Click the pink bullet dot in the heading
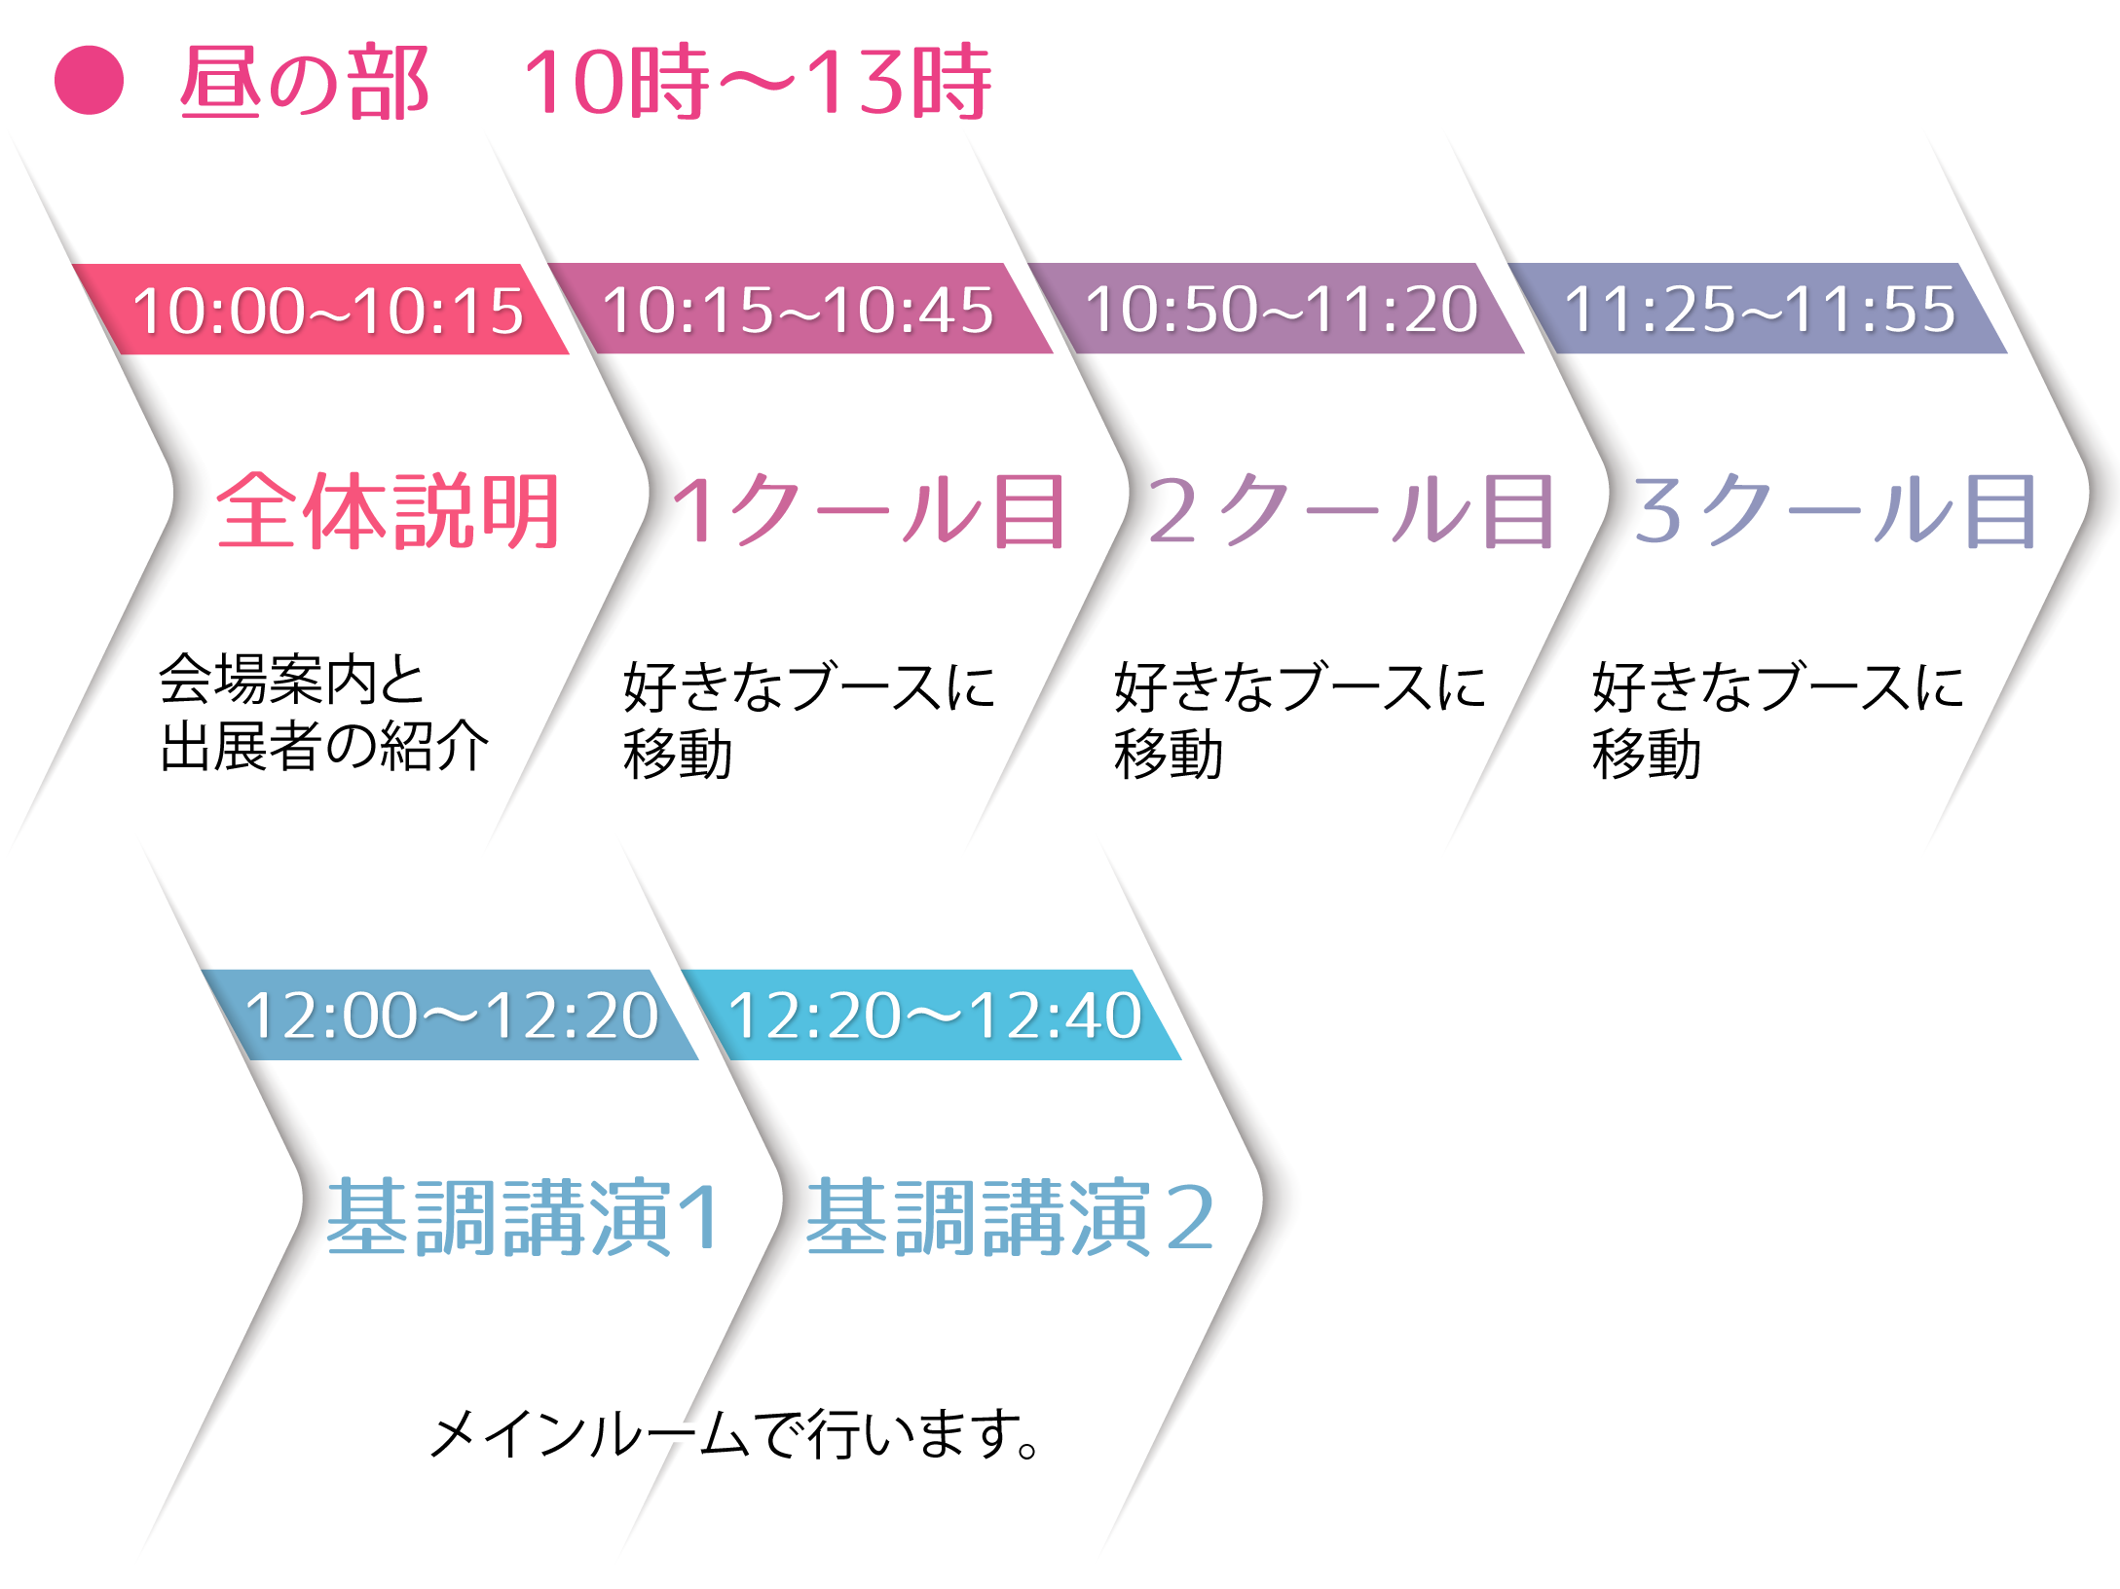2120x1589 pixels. pyautogui.click(x=89, y=80)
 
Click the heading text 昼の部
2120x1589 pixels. pyautogui.click(x=304, y=84)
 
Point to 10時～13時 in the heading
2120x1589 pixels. pyautogui.click(x=758, y=83)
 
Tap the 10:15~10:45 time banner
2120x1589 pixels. pyautogui.click(x=799, y=310)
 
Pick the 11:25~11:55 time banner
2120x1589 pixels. pyautogui.click(x=1759, y=310)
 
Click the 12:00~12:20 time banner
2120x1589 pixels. pyautogui.click(x=452, y=1016)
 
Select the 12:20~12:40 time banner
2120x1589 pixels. pyautogui.click(x=934, y=1016)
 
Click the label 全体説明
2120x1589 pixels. pyautogui.click(x=389, y=511)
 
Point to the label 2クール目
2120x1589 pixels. pyautogui.click(x=1351, y=511)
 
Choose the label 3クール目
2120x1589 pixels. pyautogui.click(x=1835, y=511)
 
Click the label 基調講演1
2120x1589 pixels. pyautogui.click(x=524, y=1217)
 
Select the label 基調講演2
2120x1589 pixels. pyautogui.click(x=1011, y=1217)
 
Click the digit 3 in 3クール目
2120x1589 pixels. pyautogui.click(x=1658, y=511)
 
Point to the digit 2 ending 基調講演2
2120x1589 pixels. pyautogui.click(x=1189, y=1217)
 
